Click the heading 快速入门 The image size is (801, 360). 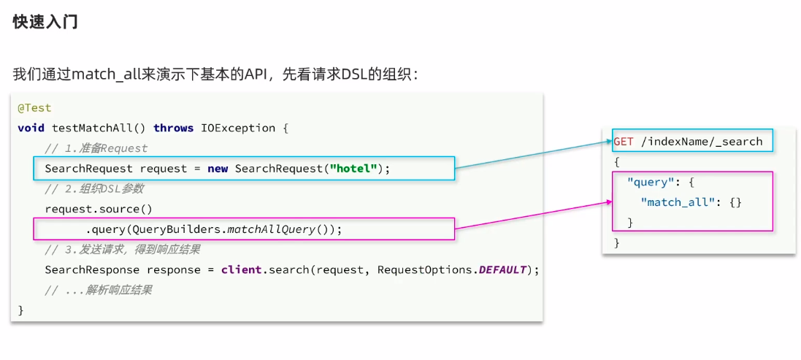pyautogui.click(x=45, y=22)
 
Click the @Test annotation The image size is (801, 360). pyautogui.click(x=34, y=108)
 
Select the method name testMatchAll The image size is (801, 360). pyautogui.click(x=92, y=128)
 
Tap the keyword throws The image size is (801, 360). pyautogui.click(x=173, y=128)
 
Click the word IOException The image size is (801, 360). pyautogui.click(x=238, y=128)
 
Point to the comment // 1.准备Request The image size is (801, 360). pyautogui.click(x=96, y=148)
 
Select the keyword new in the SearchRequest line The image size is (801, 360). pyautogui.click(x=218, y=169)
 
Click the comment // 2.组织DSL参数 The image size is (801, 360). pyautogui.click(x=94, y=188)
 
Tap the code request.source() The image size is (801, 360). pyautogui.click(x=99, y=209)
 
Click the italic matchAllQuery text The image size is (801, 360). pyautogui.click(x=271, y=229)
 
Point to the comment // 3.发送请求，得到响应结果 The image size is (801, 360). pyautogui.click(x=122, y=250)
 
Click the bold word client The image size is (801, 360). pyautogui.click(x=241, y=269)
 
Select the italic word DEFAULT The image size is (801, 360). pyautogui.click(x=502, y=269)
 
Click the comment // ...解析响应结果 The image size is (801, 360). pyautogui.click(x=98, y=290)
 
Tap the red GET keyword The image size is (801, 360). pyautogui.click(x=623, y=141)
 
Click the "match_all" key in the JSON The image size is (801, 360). pyautogui.click(x=675, y=202)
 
